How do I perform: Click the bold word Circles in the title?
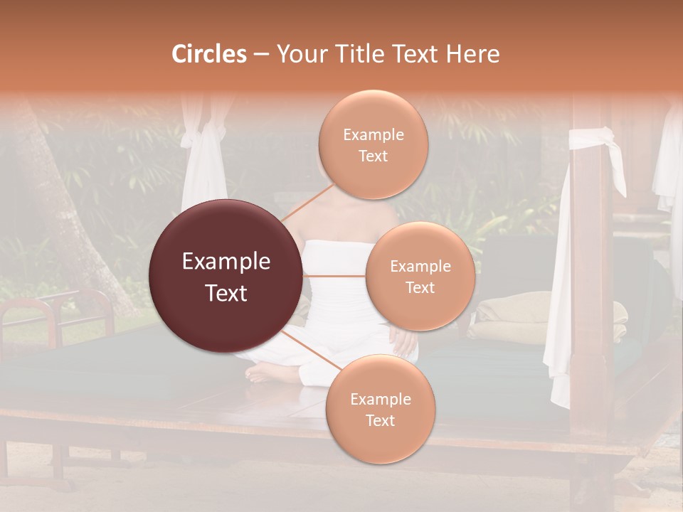click(208, 54)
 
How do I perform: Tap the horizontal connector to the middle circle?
click(334, 275)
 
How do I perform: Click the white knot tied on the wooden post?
click(592, 138)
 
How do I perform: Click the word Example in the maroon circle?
click(226, 262)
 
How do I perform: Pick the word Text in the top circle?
click(373, 156)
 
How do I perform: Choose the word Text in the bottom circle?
click(380, 421)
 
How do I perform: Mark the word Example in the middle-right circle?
click(420, 267)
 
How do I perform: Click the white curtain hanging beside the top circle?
click(203, 164)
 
